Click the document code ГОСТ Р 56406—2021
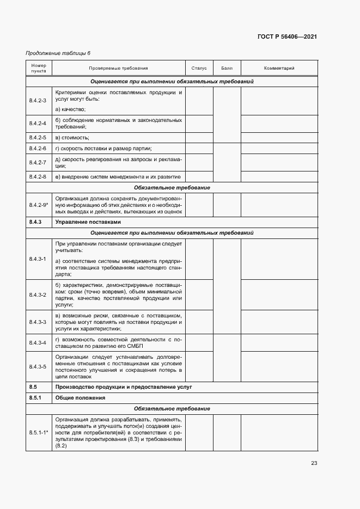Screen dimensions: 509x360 (286, 36)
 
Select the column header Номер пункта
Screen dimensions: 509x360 (39, 69)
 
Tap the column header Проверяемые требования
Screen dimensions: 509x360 (118, 69)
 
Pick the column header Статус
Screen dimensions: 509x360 (199, 69)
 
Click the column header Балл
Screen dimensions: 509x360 (227, 69)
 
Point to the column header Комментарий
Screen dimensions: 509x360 (279, 69)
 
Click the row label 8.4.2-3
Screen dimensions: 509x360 (38, 101)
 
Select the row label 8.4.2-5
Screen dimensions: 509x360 (38, 137)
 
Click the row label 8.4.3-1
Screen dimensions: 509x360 (38, 259)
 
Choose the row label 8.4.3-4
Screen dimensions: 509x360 (38, 342)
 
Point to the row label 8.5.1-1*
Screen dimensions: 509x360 (39, 432)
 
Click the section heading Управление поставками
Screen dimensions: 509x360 (87, 222)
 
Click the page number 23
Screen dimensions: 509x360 (314, 463)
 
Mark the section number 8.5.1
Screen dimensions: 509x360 (35, 398)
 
